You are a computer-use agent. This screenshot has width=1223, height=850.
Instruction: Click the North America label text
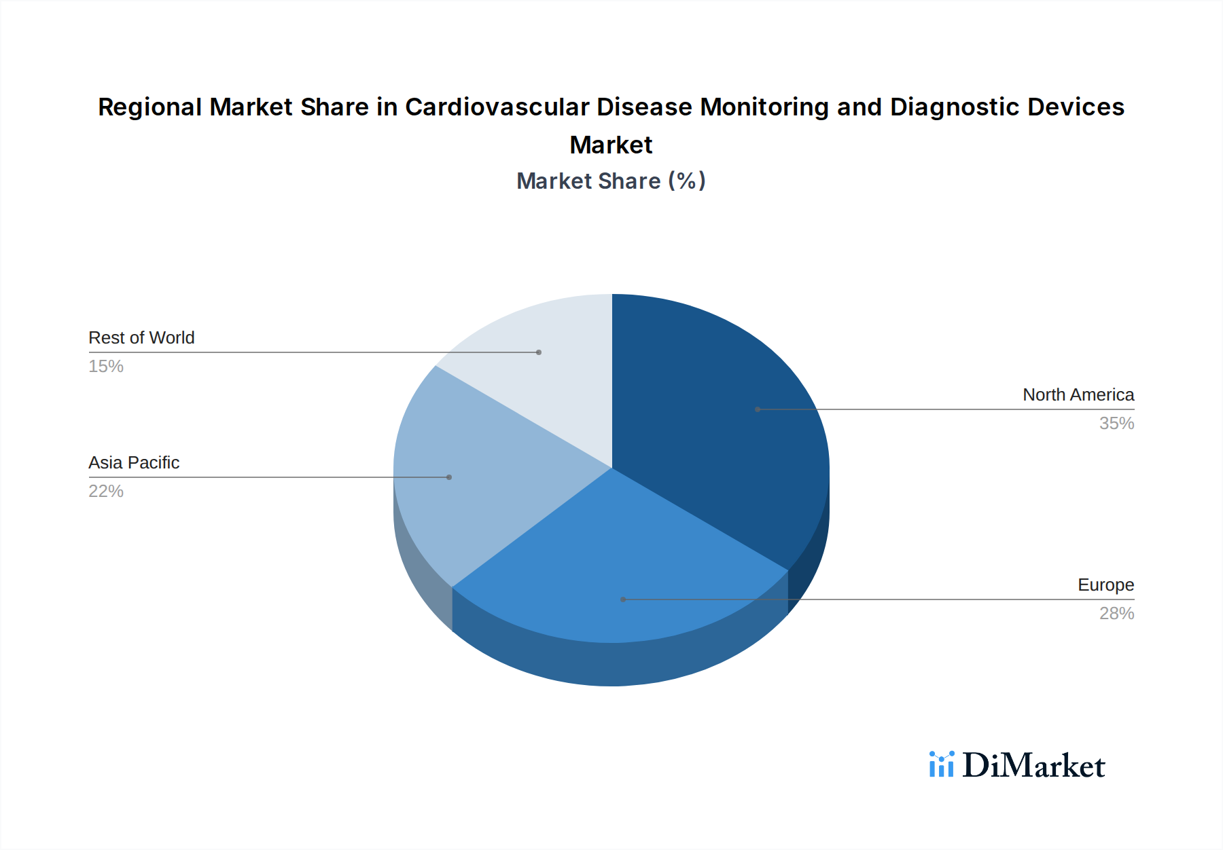pyautogui.click(x=1078, y=395)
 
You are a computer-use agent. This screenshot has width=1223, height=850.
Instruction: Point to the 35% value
pyautogui.click(x=1116, y=424)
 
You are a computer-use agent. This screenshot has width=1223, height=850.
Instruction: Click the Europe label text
pyautogui.click(x=1105, y=585)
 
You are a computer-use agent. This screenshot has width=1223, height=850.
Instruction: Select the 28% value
pyautogui.click(x=1116, y=614)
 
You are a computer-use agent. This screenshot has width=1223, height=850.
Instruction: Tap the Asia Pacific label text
pyautogui.click(x=134, y=463)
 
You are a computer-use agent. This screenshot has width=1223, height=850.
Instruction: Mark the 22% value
pyautogui.click(x=106, y=492)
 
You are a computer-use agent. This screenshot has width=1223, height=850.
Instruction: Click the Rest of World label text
pyautogui.click(x=141, y=338)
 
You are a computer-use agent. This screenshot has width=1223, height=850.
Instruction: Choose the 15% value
pyautogui.click(x=106, y=367)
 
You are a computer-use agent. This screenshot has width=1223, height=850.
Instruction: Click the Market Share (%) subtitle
pyautogui.click(x=611, y=181)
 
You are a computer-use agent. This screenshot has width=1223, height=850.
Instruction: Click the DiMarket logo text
pyautogui.click(x=1033, y=766)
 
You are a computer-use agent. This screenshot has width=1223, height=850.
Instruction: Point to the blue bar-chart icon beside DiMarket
pyautogui.click(x=941, y=764)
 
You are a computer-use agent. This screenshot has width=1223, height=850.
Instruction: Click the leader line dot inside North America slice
pyautogui.click(x=758, y=409)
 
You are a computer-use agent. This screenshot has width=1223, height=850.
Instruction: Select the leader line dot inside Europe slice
pyautogui.click(x=623, y=599)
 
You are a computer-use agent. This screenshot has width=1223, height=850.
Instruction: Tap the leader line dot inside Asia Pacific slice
pyautogui.click(x=449, y=477)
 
